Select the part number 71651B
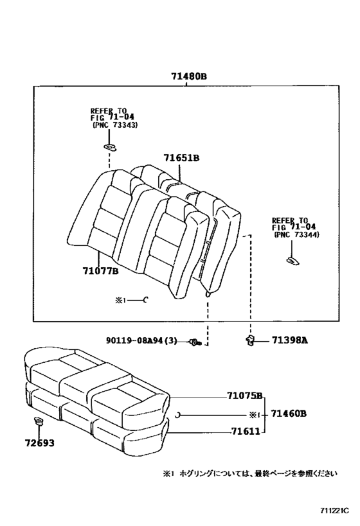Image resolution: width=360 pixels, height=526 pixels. [181, 158]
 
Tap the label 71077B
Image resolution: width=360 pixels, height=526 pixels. [100, 272]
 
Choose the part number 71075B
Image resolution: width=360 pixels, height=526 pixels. [244, 396]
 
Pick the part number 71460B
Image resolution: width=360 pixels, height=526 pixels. [289, 414]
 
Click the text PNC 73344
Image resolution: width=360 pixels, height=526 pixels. [297, 235]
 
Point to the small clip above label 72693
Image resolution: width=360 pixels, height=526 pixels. [38, 422]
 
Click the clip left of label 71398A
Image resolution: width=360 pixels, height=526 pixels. [250, 340]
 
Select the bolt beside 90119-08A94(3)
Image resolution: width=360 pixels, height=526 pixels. [195, 342]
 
